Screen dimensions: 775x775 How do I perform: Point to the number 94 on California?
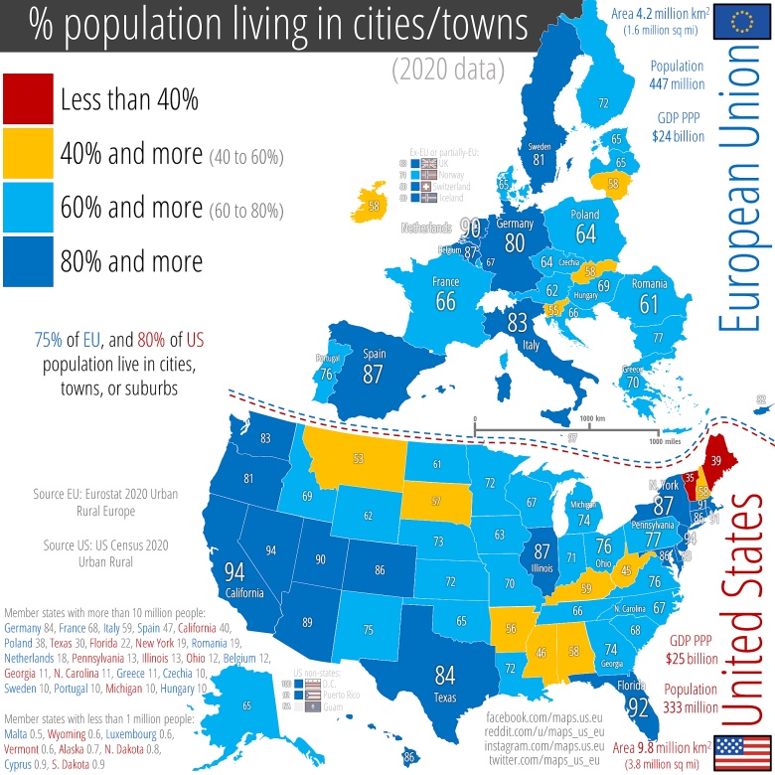pos(235,571)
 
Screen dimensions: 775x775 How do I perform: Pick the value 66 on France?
pos(445,301)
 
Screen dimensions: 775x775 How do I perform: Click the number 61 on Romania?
pos(651,303)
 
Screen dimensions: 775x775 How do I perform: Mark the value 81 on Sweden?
pos(540,159)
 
